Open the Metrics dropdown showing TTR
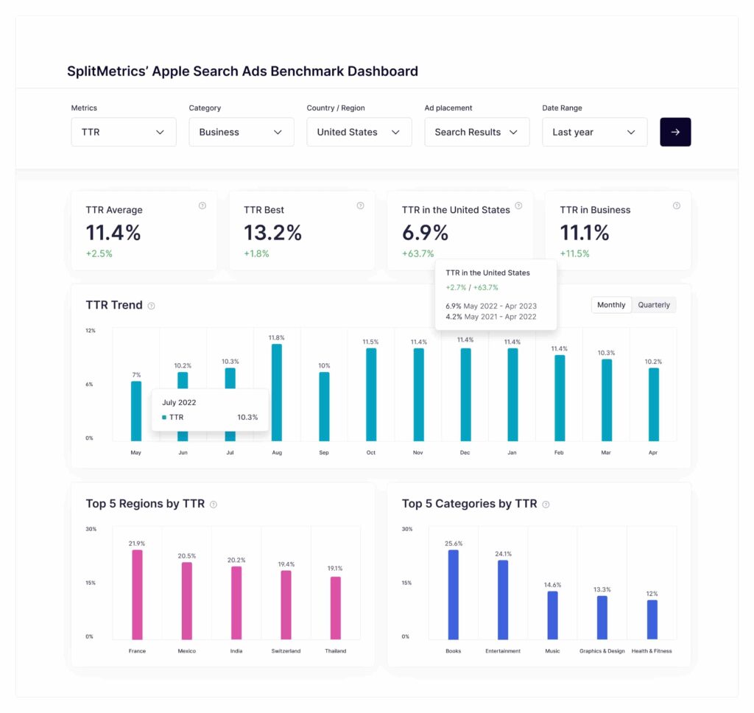123,133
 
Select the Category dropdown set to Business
241,133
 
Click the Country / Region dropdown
359,133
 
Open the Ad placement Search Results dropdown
476,133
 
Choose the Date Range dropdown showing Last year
594,133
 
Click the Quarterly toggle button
654,305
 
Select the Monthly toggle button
611,305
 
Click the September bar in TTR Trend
324,406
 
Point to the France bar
137,594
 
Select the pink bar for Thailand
335,608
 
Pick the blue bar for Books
454,594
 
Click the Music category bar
552,615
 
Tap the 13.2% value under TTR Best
272,233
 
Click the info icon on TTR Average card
202,206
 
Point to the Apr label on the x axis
653,452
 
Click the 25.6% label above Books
454,544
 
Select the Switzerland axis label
286,651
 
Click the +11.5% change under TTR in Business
575,253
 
